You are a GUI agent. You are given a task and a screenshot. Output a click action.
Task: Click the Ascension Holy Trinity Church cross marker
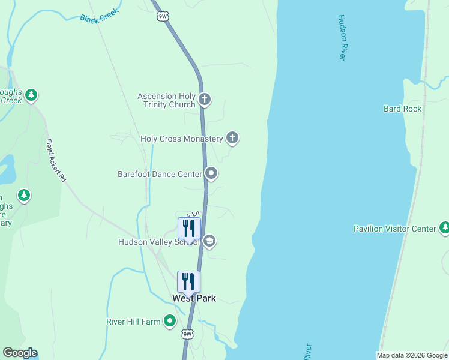coord(205,99)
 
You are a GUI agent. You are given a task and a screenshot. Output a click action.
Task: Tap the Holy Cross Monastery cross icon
coord(232,138)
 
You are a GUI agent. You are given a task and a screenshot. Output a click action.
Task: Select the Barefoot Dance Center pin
coord(211,173)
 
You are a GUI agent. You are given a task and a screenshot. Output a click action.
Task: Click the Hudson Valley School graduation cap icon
coord(209,241)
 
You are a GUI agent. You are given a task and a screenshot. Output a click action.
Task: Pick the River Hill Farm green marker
coord(170,321)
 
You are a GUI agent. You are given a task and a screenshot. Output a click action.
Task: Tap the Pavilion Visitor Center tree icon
coord(444,228)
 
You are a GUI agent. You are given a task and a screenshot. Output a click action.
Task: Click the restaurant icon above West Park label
coord(188,281)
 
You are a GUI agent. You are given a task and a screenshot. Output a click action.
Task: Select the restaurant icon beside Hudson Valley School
coord(188,228)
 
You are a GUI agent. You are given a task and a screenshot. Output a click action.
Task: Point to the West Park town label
coord(194,298)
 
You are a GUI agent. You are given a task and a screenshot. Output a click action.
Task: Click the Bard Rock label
coord(402,109)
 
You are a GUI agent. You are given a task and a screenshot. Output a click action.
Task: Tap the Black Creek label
coord(100,18)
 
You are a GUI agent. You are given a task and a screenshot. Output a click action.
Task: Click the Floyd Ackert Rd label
coord(56,161)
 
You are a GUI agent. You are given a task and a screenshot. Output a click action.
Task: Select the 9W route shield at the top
coord(163,16)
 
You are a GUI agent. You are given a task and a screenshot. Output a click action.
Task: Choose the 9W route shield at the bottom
coord(187,334)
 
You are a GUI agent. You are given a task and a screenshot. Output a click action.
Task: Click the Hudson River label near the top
coord(342,37)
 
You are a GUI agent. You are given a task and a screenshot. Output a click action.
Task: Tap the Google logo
coord(20,353)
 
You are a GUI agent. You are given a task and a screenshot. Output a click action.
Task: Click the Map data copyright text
coord(412,355)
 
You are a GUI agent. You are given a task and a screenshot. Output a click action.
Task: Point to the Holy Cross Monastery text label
coord(181,139)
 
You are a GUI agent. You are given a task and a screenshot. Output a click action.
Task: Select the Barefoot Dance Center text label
coord(160,174)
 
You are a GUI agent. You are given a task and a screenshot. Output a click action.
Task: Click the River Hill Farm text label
coord(133,322)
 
